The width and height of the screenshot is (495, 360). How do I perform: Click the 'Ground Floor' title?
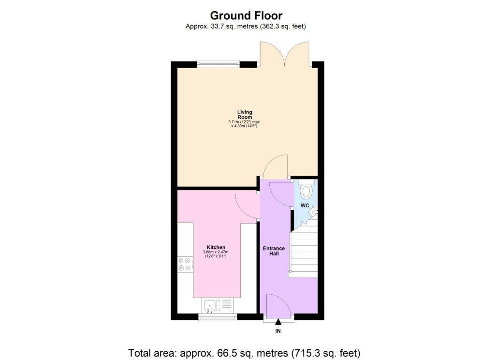click(246, 16)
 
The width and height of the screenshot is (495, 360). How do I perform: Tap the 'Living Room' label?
click(245, 115)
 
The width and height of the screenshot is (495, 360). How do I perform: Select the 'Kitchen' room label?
click(216, 247)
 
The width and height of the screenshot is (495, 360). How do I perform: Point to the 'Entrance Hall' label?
click(274, 251)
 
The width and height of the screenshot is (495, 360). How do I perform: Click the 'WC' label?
click(305, 205)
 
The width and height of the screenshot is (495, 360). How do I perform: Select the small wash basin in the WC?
click(314, 211)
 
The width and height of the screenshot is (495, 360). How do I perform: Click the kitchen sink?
click(212, 305)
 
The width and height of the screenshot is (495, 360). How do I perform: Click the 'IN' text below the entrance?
click(278, 331)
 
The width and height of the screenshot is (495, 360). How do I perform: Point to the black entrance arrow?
click(278, 322)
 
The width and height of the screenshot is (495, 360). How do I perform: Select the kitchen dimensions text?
click(216, 254)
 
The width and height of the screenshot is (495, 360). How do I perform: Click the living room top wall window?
click(218, 63)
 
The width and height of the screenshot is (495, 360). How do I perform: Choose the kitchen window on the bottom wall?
click(218, 317)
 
